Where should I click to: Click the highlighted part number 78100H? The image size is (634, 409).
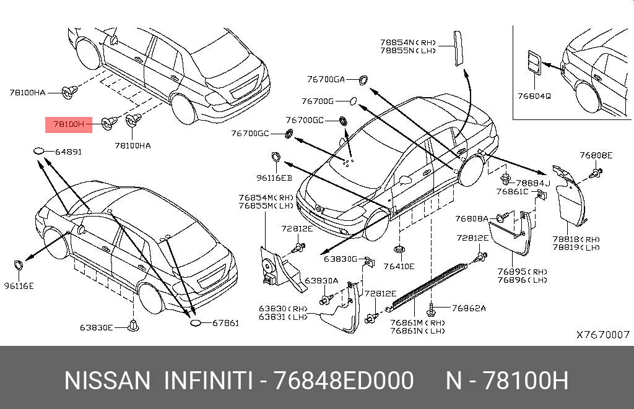[x=68, y=124]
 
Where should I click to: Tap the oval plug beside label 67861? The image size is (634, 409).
[x=195, y=323]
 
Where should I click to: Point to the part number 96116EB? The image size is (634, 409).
[x=274, y=178]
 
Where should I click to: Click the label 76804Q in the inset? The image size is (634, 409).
[x=534, y=97]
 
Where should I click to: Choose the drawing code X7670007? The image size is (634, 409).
[x=603, y=334]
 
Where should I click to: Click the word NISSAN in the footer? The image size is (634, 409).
[x=107, y=381]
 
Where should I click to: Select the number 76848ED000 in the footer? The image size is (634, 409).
[x=344, y=381]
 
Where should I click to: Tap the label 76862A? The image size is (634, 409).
[x=469, y=308]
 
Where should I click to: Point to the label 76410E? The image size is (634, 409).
[x=399, y=267]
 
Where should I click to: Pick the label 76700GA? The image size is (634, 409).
[x=326, y=79]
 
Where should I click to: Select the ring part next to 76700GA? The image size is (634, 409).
[x=363, y=79]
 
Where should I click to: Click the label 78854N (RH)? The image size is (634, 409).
[x=409, y=42]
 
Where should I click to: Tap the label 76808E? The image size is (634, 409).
[x=596, y=155]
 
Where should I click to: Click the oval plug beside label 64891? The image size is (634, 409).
[x=39, y=151]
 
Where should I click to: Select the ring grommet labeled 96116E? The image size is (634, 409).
[x=19, y=265]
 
